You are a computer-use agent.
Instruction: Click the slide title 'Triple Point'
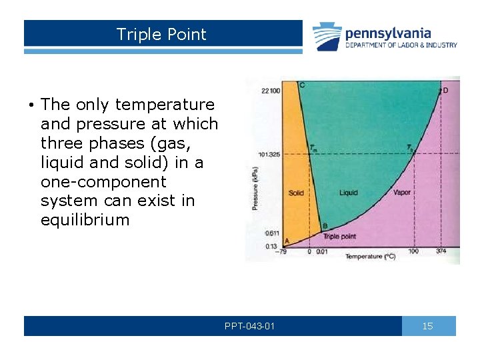pyautogui.click(x=161, y=35)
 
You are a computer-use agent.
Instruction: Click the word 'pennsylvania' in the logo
pyautogui.click(x=387, y=33)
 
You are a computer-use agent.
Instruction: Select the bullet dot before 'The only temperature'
pyautogui.click(x=31, y=105)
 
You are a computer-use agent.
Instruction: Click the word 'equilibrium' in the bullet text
pyautogui.click(x=85, y=219)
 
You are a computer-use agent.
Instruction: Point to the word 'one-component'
pyautogui.click(x=102, y=181)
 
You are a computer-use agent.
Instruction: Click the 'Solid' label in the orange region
pyautogui.click(x=296, y=193)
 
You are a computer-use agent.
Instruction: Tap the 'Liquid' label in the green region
pyautogui.click(x=348, y=193)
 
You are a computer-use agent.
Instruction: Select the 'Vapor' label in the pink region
pyautogui.click(x=401, y=193)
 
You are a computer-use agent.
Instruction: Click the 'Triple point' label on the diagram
pyautogui.click(x=340, y=236)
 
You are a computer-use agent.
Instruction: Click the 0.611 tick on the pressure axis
pyautogui.click(x=271, y=233)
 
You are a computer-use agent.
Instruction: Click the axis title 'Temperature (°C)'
pyautogui.click(x=370, y=257)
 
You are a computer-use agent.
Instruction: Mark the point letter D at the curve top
pyautogui.click(x=445, y=91)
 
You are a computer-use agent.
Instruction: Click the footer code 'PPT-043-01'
pyautogui.click(x=249, y=326)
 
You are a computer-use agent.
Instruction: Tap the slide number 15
pyautogui.click(x=428, y=326)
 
